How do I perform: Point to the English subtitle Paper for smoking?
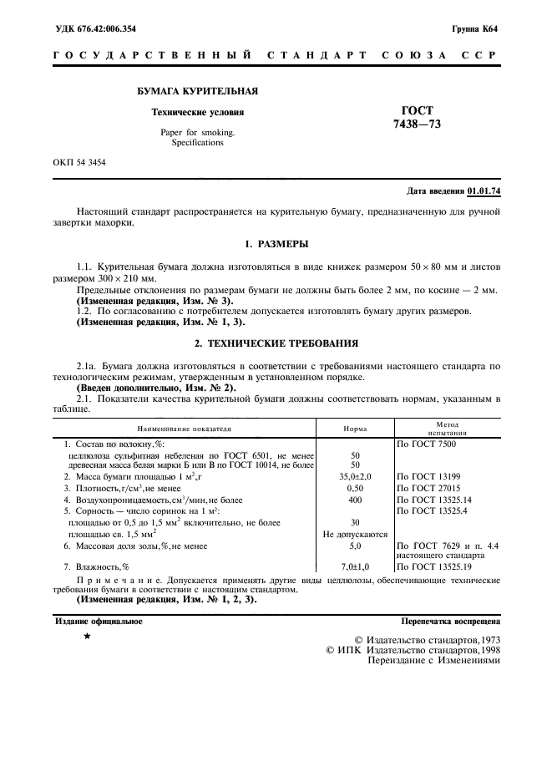[x=197, y=132]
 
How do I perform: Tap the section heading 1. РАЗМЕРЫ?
[x=276, y=244]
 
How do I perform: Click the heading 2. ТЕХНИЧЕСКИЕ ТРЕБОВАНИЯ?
[x=276, y=343]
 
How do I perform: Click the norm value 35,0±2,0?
[x=355, y=476]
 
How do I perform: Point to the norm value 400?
[x=355, y=500]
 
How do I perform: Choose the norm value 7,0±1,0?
[x=355, y=566]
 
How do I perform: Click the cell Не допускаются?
[x=355, y=534]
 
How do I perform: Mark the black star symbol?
[x=86, y=637]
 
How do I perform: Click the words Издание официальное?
[x=98, y=622]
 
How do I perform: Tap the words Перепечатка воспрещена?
[x=450, y=622]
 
